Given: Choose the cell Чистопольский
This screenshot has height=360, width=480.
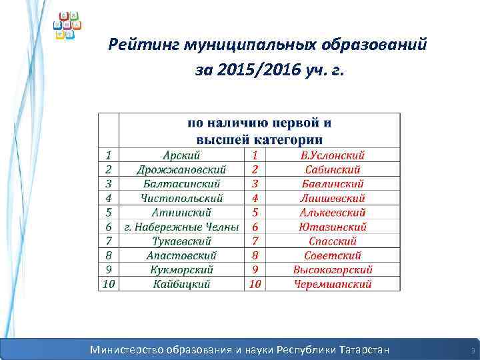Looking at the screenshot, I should tap(182, 197).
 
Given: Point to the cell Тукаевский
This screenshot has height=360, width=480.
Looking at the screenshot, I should tap(182, 241).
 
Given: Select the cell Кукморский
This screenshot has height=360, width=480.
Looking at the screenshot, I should tap(182, 269).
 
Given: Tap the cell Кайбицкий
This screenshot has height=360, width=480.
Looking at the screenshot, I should tap(182, 284).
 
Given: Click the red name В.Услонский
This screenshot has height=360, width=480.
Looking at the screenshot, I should tap(333, 155).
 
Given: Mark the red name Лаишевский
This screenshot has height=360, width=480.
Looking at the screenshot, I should tap(333, 197).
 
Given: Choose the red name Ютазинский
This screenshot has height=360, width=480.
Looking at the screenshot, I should tap(333, 227).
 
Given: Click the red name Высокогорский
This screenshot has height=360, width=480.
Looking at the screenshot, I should tap(333, 269).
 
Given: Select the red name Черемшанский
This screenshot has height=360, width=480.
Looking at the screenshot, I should tap(333, 284).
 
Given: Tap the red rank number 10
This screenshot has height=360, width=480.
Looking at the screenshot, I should tap(255, 284).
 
